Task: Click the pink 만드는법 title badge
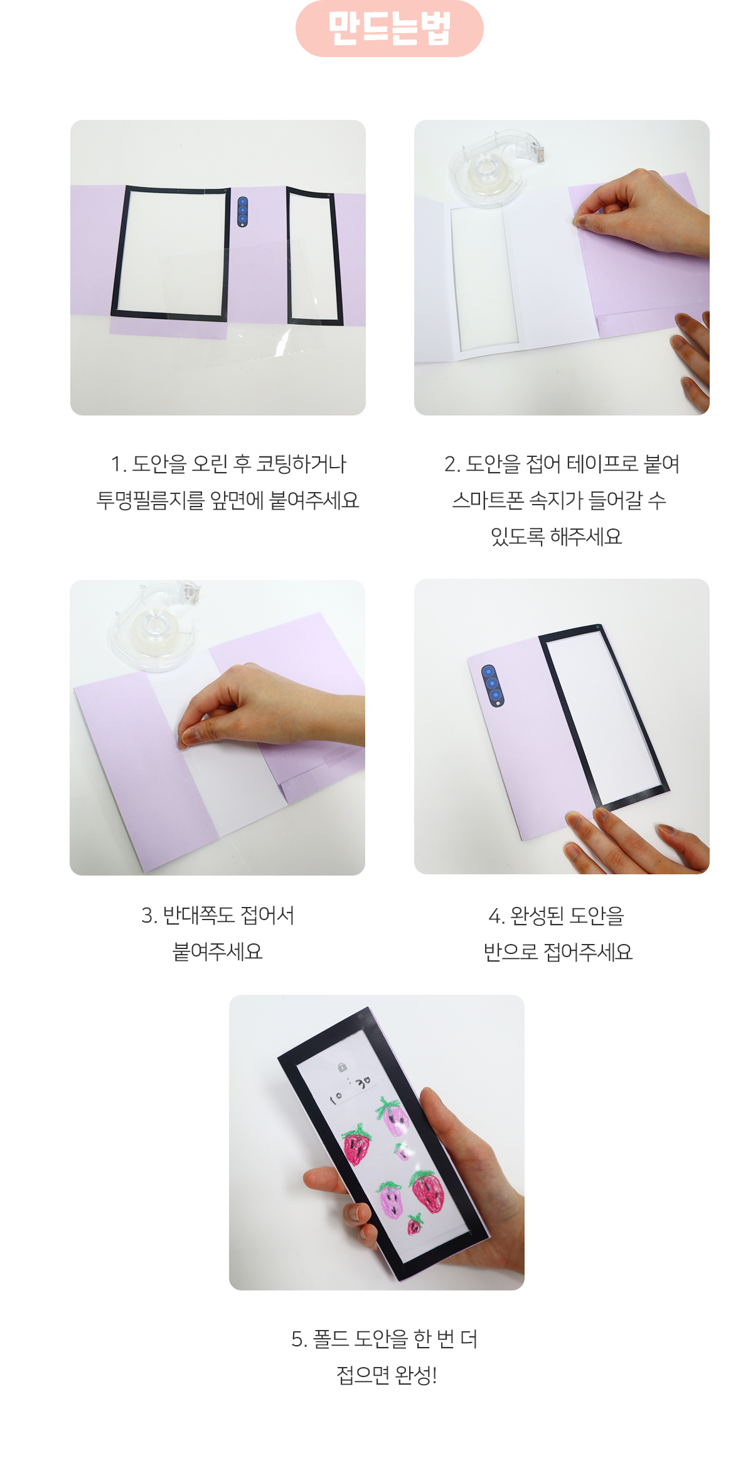coord(389,29)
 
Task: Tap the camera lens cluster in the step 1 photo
coord(243,212)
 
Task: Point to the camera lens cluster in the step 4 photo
coord(493,685)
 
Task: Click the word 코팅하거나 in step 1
coord(301,464)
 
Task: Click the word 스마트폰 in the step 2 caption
coord(488,500)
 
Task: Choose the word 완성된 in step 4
coord(537,916)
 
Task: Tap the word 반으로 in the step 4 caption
coord(511,952)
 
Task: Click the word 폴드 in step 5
coord(331,1339)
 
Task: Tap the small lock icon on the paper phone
coord(342,1067)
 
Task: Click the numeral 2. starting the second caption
coord(452,464)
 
